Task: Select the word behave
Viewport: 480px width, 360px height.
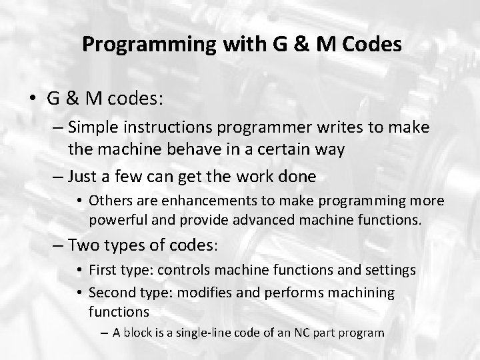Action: click(175, 149)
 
